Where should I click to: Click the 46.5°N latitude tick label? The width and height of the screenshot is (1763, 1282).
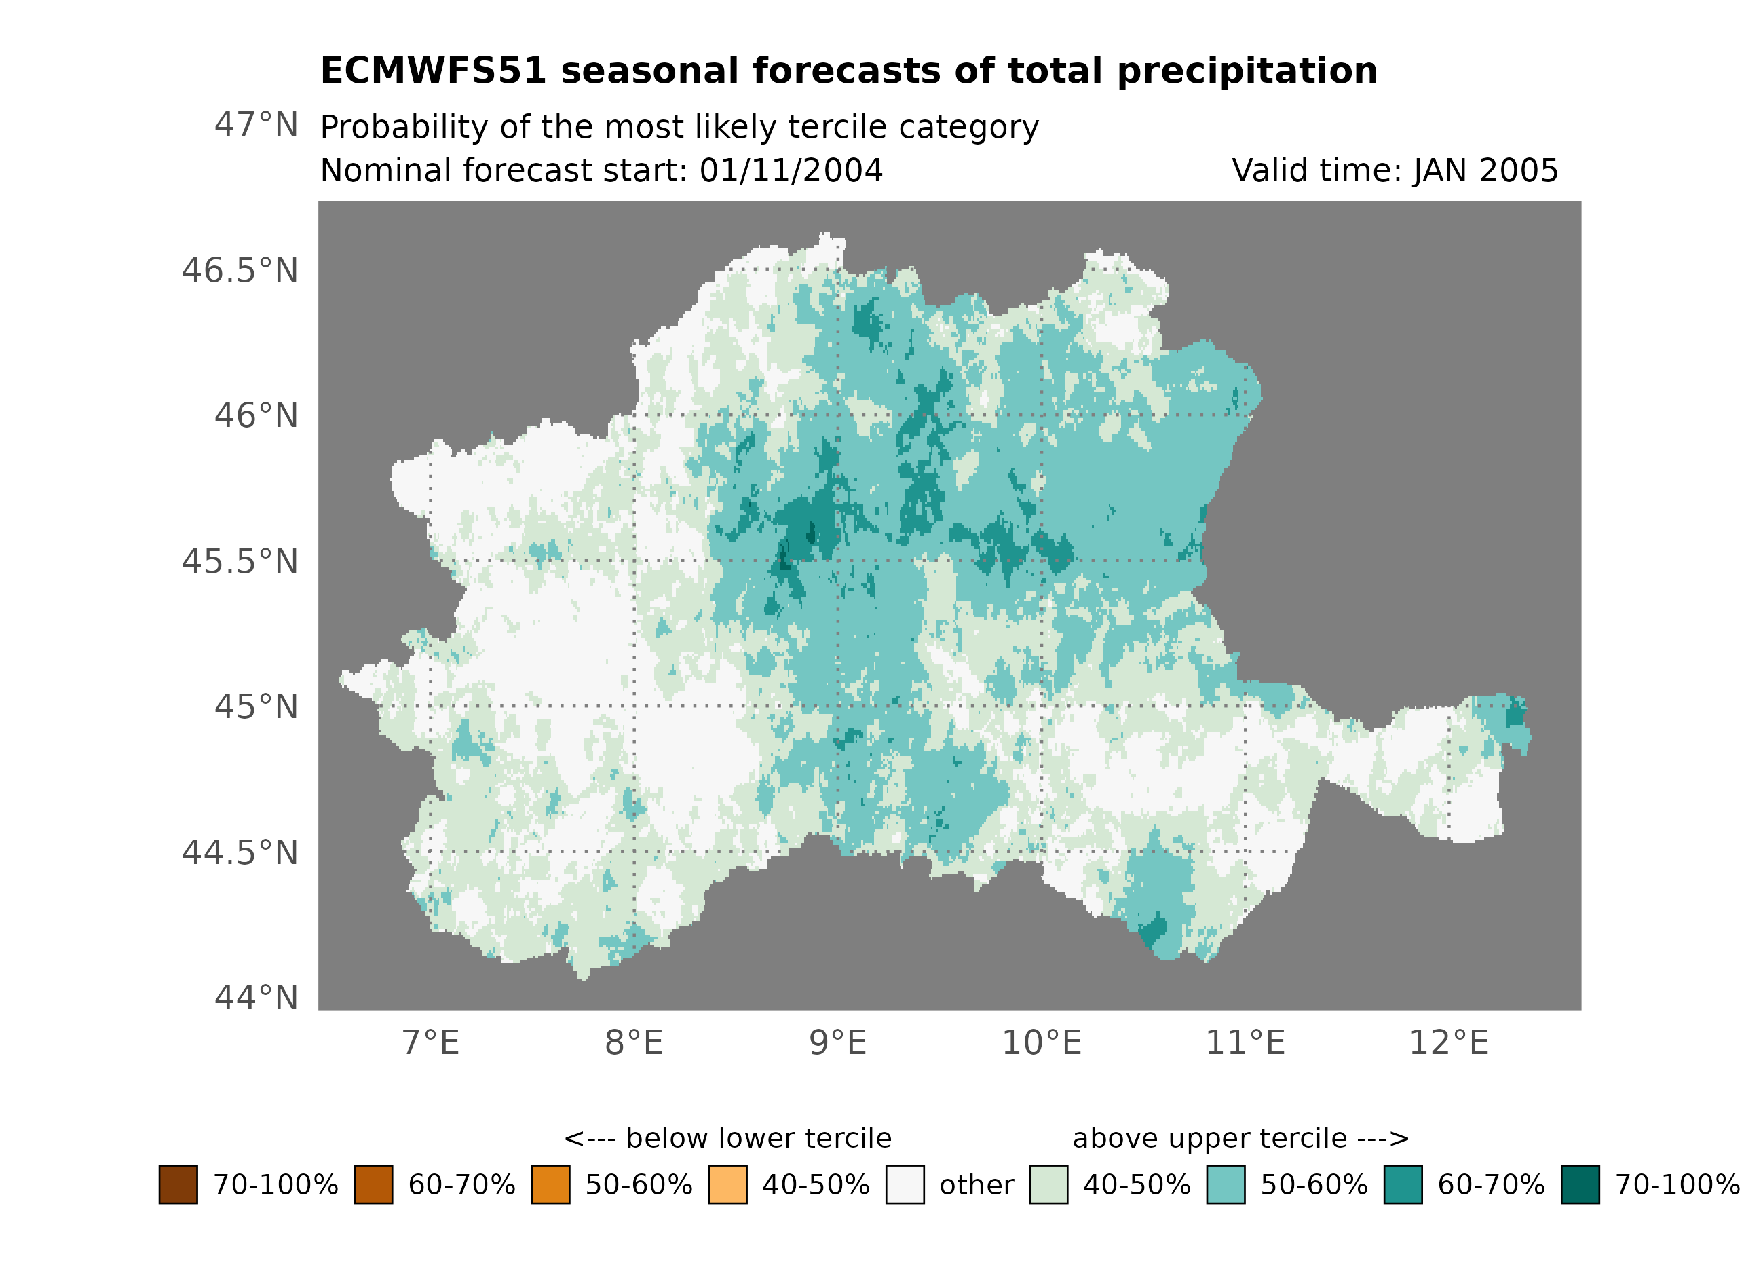[x=240, y=271]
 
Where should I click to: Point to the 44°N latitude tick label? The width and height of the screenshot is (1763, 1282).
[x=256, y=998]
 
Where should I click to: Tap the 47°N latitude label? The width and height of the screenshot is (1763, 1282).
[x=256, y=124]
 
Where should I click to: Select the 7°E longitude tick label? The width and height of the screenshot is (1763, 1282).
[x=431, y=1042]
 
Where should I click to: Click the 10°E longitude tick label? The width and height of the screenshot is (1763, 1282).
[x=1042, y=1042]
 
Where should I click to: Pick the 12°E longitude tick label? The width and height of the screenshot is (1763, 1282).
[x=1449, y=1042]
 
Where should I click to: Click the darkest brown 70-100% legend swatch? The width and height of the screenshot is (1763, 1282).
[x=178, y=1184]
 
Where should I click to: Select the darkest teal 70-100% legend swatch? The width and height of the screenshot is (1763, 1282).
[x=1580, y=1184]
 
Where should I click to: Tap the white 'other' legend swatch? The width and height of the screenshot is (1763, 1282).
[x=905, y=1184]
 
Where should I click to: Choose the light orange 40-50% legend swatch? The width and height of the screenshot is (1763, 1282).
[x=727, y=1184]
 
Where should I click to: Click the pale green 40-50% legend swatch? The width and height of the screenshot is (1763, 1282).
[x=1048, y=1184]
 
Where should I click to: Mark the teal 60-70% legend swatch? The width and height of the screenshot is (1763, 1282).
[x=1403, y=1184]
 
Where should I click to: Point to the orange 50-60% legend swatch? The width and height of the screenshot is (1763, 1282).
[x=550, y=1184]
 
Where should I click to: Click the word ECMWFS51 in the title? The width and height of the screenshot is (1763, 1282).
[x=433, y=71]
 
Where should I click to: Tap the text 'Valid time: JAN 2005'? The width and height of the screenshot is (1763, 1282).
[x=1395, y=171]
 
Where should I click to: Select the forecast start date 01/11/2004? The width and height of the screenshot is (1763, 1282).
[x=791, y=171]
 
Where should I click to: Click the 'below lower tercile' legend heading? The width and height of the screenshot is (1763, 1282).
[x=727, y=1138]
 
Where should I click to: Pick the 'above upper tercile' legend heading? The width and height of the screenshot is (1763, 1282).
[x=1240, y=1138]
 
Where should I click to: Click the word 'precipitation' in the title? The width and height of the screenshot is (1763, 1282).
[x=1247, y=71]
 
